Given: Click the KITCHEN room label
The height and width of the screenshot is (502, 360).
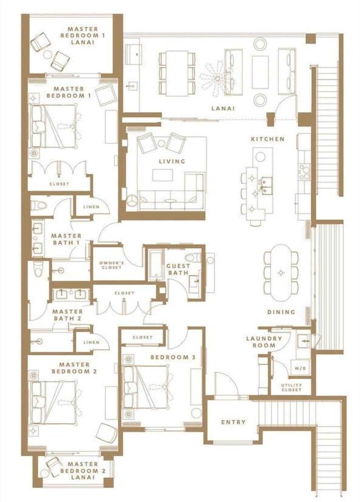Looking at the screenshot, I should click(267, 139).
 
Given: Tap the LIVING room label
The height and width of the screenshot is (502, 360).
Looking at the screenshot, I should click(172, 161).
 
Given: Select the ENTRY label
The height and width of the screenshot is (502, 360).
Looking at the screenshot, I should click(233, 422).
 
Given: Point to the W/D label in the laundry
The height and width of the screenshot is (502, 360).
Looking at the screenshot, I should click(300, 368).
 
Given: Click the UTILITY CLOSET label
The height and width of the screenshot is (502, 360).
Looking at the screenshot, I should click(291, 387).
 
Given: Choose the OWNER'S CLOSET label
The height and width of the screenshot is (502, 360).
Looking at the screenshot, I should click(111, 265).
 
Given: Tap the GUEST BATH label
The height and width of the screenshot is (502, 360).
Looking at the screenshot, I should click(178, 269).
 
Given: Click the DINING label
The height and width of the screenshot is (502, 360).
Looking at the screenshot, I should click(281, 312).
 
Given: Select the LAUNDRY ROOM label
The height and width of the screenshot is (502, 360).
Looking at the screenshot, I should click(264, 341).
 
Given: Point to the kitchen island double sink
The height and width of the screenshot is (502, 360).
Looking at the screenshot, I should click(266, 186).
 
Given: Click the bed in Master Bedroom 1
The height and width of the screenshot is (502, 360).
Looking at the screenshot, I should click(54, 126).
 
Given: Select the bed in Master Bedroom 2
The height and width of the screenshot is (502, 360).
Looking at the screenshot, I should click(54, 403).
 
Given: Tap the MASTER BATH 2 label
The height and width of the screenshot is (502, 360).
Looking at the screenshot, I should click(67, 315).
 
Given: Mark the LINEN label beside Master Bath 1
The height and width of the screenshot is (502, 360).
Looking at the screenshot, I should click(91, 206).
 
